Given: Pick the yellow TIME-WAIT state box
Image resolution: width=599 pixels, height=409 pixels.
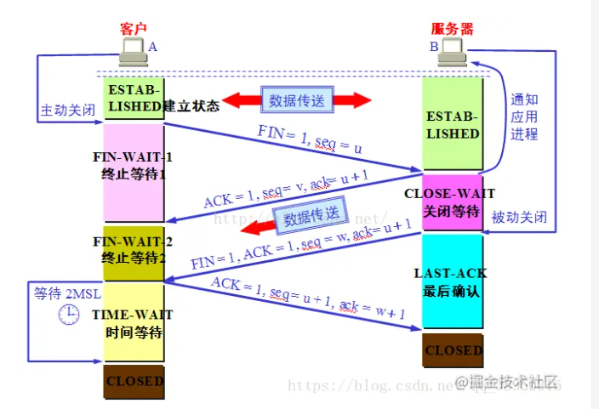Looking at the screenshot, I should (x=134, y=323).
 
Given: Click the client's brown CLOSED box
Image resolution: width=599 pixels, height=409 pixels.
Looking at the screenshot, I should (x=134, y=381).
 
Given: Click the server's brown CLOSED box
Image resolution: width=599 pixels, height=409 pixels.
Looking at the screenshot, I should (x=454, y=350).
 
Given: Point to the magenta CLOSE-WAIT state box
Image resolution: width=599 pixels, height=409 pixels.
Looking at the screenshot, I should (x=454, y=202).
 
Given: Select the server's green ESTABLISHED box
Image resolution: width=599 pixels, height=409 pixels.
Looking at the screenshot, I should (x=454, y=124).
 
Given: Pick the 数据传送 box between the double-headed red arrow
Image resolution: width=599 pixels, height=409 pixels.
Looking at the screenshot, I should (x=297, y=100).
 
